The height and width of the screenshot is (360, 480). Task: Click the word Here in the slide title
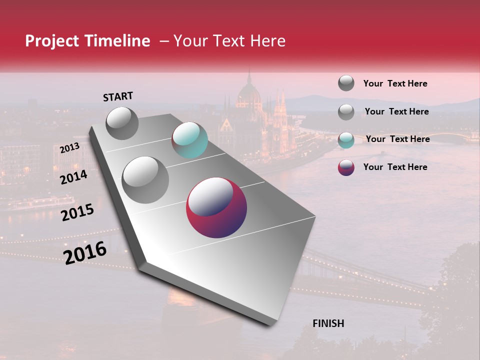pyautogui.click(x=267, y=41)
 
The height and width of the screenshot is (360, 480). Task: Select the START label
pyautogui.click(x=118, y=96)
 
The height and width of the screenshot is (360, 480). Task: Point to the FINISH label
pyautogui.click(x=328, y=323)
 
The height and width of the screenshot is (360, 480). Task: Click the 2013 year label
pyautogui.click(x=69, y=148)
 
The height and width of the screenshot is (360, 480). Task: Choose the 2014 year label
pyautogui.click(x=73, y=177)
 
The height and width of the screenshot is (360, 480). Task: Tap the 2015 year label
pyautogui.click(x=77, y=212)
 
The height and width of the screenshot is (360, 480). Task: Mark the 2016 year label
pyautogui.click(x=85, y=252)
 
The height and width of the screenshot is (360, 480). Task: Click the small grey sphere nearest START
pyautogui.click(x=122, y=123)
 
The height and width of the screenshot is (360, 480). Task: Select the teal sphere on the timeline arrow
pyautogui.click(x=189, y=140)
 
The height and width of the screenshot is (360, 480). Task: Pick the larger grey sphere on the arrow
pyautogui.click(x=145, y=179)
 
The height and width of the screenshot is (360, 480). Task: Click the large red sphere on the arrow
pyautogui.click(x=216, y=207)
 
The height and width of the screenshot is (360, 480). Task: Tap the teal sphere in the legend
pyautogui.click(x=346, y=139)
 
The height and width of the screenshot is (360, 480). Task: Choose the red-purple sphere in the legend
pyautogui.click(x=346, y=167)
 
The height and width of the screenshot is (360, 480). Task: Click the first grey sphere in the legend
pyautogui.click(x=346, y=83)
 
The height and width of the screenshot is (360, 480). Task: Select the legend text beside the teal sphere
pyautogui.click(x=397, y=139)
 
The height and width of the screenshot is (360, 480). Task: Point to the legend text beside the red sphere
pyautogui.click(x=395, y=167)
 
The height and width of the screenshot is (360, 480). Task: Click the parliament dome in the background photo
pyautogui.click(x=249, y=92)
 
